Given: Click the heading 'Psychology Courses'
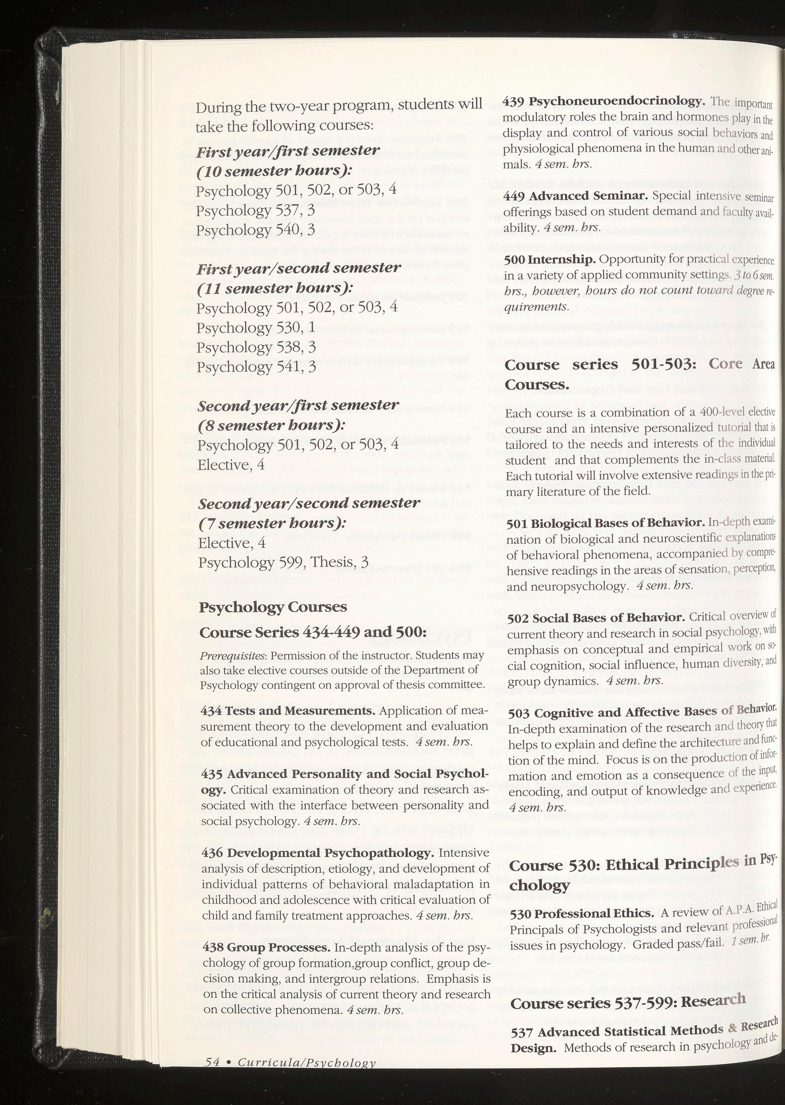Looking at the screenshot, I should click(x=273, y=607).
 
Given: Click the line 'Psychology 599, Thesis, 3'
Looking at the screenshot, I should click(x=283, y=562).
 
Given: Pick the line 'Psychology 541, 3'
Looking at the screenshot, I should click(x=256, y=367).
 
